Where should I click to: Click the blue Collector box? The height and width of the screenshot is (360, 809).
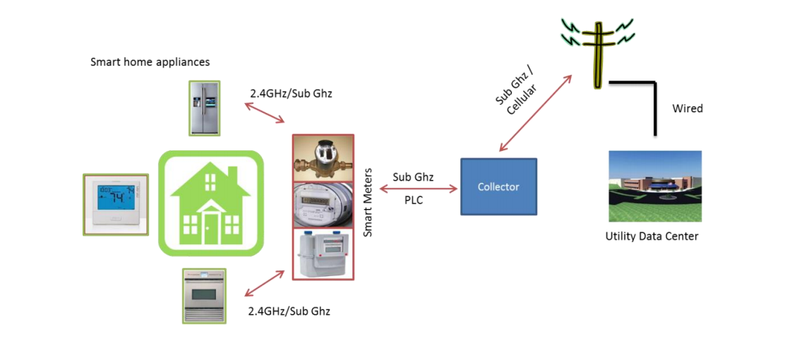[498, 186]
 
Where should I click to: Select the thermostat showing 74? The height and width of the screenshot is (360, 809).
[116, 204]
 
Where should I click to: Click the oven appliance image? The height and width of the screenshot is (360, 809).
[204, 296]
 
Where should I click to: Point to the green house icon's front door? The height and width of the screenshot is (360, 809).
[211, 227]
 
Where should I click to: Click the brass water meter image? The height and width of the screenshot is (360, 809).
[323, 158]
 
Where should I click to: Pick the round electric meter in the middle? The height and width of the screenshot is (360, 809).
[323, 205]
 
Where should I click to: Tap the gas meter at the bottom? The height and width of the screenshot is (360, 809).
[323, 253]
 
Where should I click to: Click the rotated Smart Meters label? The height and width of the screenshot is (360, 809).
[367, 206]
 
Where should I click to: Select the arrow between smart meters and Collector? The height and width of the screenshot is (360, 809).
[419, 188]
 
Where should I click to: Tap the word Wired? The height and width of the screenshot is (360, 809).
[687, 109]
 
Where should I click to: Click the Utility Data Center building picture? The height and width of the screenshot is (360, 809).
[654, 186]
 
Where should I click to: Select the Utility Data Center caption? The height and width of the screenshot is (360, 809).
[652, 236]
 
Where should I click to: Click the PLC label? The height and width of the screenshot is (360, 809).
[413, 200]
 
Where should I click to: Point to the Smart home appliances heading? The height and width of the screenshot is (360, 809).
[150, 62]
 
